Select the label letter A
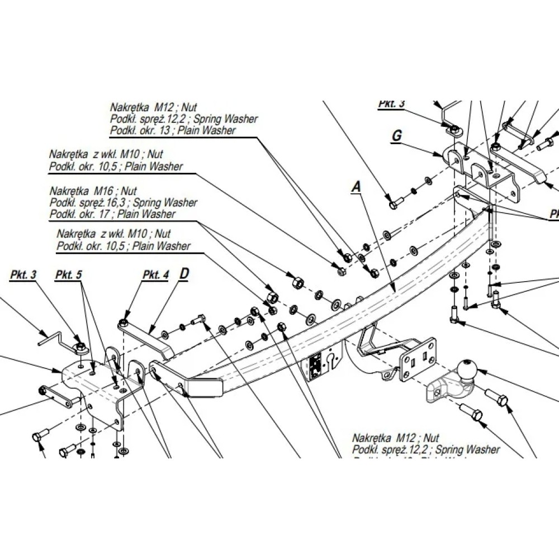point(354,188)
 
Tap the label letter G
point(397,136)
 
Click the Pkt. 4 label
point(155,274)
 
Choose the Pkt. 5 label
point(69,274)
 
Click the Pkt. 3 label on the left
point(23,274)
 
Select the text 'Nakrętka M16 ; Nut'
point(93,192)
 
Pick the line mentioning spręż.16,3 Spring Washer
point(123,203)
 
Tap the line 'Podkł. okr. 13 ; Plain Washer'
point(173,130)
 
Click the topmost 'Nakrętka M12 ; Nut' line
point(154,107)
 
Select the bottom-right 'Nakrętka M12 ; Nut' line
point(396,438)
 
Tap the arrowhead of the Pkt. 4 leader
point(124,320)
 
